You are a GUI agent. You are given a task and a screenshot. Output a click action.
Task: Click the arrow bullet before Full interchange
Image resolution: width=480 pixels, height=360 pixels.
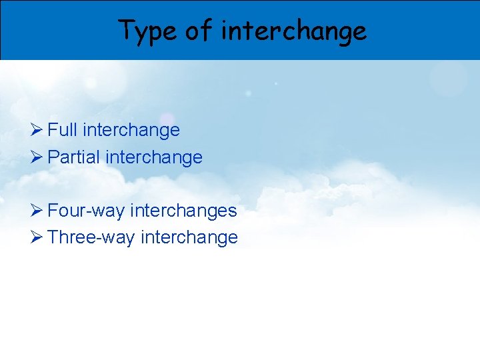[37, 130]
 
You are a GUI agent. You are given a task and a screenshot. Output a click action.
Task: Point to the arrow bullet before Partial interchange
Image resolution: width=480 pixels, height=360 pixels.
[37, 157]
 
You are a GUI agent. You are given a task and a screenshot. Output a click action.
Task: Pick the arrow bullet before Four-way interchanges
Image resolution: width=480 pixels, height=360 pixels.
[37, 211]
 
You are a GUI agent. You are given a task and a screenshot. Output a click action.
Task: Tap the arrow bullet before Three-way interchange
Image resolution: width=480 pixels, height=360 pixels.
[37, 237]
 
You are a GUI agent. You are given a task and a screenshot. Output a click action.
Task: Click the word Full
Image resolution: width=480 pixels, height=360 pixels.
[63, 130]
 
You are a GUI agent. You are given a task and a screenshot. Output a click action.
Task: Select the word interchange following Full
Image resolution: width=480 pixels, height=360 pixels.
[131, 130]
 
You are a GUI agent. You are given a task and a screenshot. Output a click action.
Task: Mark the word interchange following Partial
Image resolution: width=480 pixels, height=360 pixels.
[154, 157]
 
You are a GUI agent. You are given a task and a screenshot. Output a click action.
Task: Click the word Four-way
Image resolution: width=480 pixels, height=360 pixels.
[87, 211]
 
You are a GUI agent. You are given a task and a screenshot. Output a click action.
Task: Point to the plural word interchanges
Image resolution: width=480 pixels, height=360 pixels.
[184, 211]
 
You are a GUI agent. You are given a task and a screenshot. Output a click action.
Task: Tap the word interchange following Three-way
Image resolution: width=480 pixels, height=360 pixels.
[189, 237]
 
